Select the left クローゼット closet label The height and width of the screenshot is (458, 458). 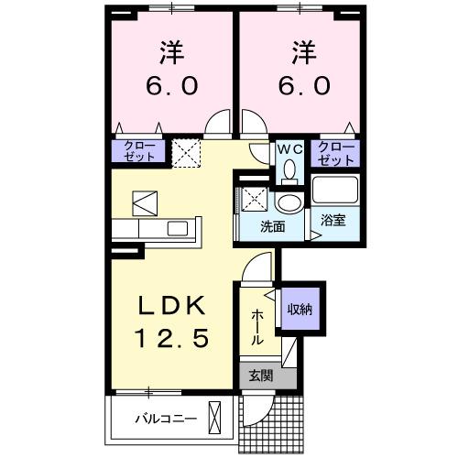point(140,152)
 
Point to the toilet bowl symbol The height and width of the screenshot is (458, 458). point(289,170)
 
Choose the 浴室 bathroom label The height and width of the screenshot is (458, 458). point(333,220)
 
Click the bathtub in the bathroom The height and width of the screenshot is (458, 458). point(336,191)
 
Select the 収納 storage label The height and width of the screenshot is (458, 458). point(300,309)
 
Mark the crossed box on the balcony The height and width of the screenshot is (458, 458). point(216,417)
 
